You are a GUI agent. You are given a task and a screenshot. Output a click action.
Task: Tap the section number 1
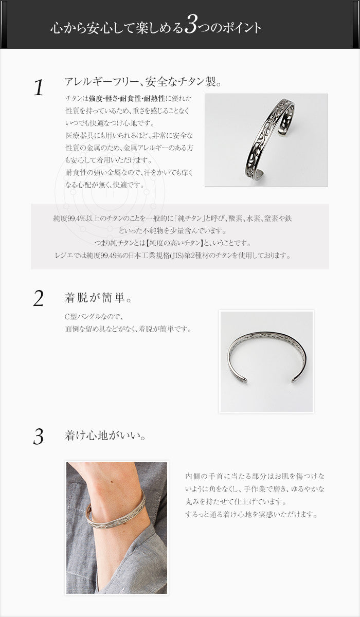pyautogui.click(x=39, y=88)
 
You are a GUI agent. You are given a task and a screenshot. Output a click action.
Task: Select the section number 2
pyautogui.click(x=38, y=299)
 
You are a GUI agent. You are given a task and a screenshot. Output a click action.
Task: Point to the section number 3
pyautogui.click(x=38, y=437)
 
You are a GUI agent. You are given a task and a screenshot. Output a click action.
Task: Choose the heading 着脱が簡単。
pyautogui.click(x=98, y=298)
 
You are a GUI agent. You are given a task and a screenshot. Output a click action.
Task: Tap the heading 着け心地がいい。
pyautogui.click(x=105, y=435)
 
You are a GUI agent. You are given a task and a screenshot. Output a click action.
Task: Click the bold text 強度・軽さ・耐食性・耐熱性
pyautogui.click(x=127, y=98)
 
